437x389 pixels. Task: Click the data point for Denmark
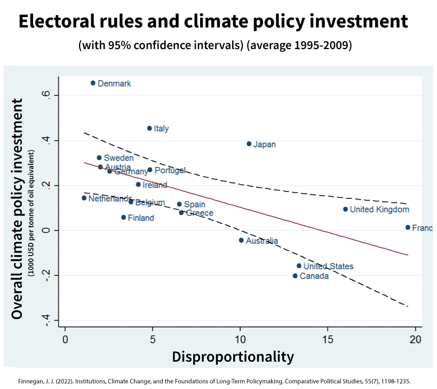pyautogui.click(x=93, y=83)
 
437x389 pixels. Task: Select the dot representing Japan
pyautogui.click(x=249, y=144)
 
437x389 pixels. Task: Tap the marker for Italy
pyautogui.click(x=149, y=128)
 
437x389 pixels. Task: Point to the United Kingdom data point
pyautogui.click(x=345, y=209)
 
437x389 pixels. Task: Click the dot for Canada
pyautogui.click(x=295, y=276)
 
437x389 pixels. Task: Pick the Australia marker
pyautogui.click(x=241, y=240)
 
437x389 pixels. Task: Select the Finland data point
pyautogui.click(x=123, y=217)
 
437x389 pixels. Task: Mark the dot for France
pyautogui.click(x=408, y=227)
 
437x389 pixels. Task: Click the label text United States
pyautogui.click(x=328, y=266)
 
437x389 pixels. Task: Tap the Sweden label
pyautogui.click(x=118, y=158)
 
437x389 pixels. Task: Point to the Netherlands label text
pyautogui.click(x=110, y=199)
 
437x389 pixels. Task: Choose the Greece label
pyautogui.click(x=200, y=213)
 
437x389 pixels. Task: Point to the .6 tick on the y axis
pyautogui.click(x=47, y=95)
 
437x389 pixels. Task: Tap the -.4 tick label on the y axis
pyautogui.click(x=47, y=319)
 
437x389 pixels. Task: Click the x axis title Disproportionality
pyautogui.click(x=233, y=357)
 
